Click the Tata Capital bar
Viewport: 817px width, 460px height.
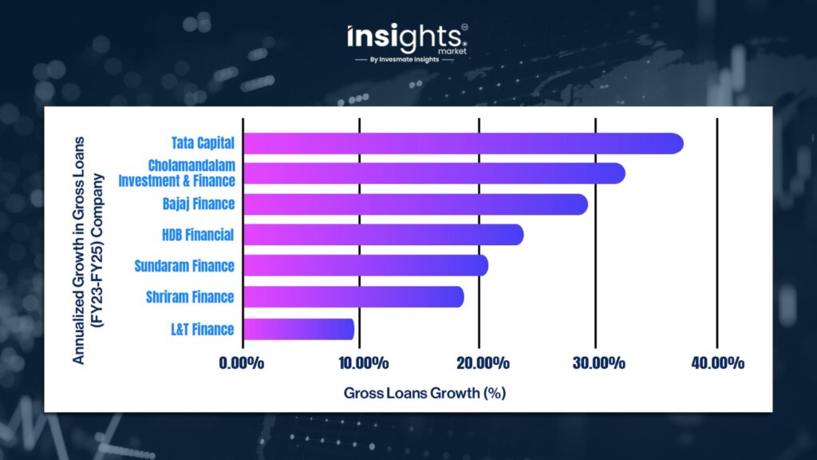pyautogui.click(x=463, y=144)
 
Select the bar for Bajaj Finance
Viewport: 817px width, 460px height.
pyautogui.click(x=415, y=204)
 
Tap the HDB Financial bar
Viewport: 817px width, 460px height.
pyautogui.click(x=383, y=235)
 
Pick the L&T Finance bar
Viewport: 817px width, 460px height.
pyautogui.click(x=298, y=329)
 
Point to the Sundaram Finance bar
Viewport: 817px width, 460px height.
pyautogui.click(x=365, y=265)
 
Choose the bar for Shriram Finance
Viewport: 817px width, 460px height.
pyautogui.click(x=353, y=297)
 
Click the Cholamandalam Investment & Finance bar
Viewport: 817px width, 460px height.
pyautogui.click(x=433, y=173)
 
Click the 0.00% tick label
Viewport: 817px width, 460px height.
pyautogui.click(x=241, y=363)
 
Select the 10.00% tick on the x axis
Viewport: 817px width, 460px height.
pyautogui.click(x=360, y=363)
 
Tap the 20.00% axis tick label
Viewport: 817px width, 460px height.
pyautogui.click(x=480, y=363)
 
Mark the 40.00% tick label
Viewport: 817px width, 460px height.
pyautogui.click(x=716, y=363)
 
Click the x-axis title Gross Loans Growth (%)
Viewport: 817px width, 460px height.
pyautogui.click(x=425, y=394)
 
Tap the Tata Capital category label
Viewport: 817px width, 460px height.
pyautogui.click(x=203, y=144)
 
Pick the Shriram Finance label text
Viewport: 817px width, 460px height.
pyautogui.click(x=190, y=297)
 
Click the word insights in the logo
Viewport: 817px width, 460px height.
pyautogui.click(x=405, y=37)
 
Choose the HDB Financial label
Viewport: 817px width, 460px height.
pyautogui.click(x=196, y=235)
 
